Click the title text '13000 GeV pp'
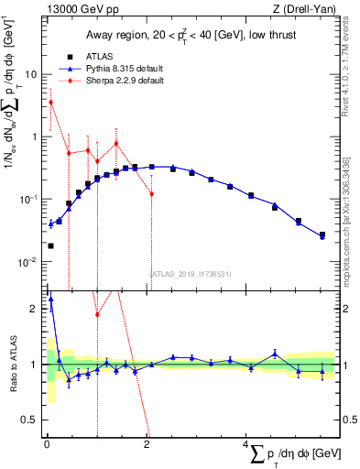pos(76,9)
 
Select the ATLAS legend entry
pos(86,56)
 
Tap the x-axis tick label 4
pos(245,444)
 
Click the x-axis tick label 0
pos(46,444)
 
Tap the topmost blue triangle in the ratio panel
pos(50,298)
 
